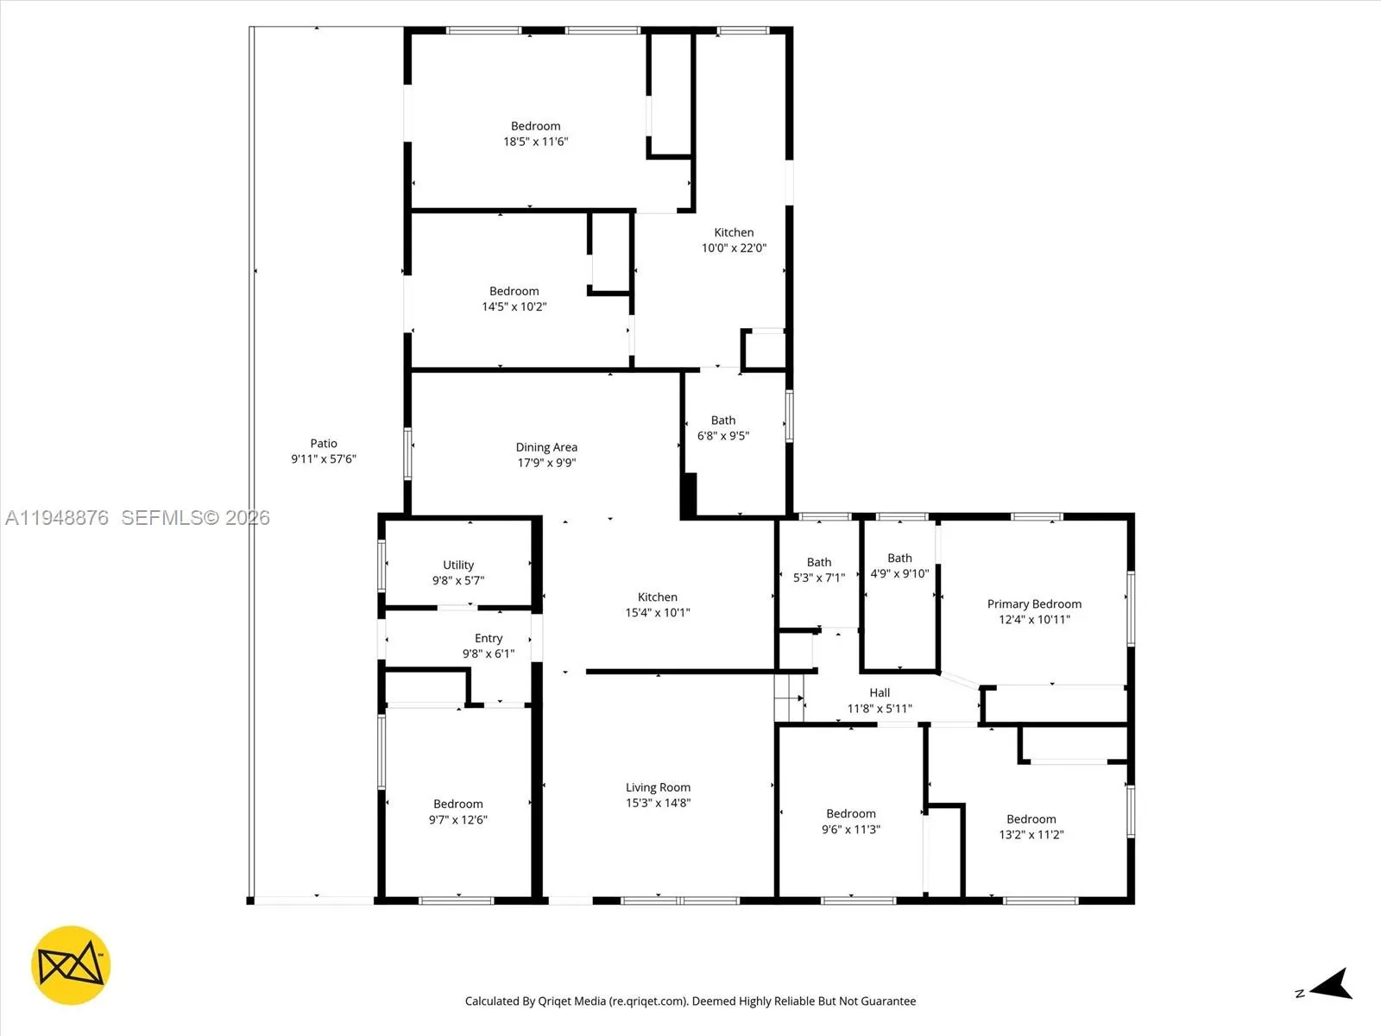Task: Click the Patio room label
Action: pos(324,444)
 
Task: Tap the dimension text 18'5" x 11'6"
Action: pos(535,142)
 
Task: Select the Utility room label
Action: pos(458,565)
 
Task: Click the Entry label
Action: pos(489,638)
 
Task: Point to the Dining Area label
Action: pos(546,447)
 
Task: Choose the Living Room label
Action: pos(658,787)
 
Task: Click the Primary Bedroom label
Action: pos(1034,604)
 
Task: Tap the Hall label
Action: pos(880,692)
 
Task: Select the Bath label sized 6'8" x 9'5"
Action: pos(723,420)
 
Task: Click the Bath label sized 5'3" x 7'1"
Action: pos(819,562)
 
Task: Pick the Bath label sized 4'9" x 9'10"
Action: pos(899,559)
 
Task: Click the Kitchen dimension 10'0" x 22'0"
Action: pos(734,248)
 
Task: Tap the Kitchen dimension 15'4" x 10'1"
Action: pos(658,613)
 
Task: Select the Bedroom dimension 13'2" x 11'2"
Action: pos(1031,835)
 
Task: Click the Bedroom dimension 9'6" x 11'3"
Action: pos(851,830)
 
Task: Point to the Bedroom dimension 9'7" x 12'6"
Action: pos(458,820)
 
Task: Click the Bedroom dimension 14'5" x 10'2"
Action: pos(514,306)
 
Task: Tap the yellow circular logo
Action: pos(71,965)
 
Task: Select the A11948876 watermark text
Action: pos(57,518)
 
